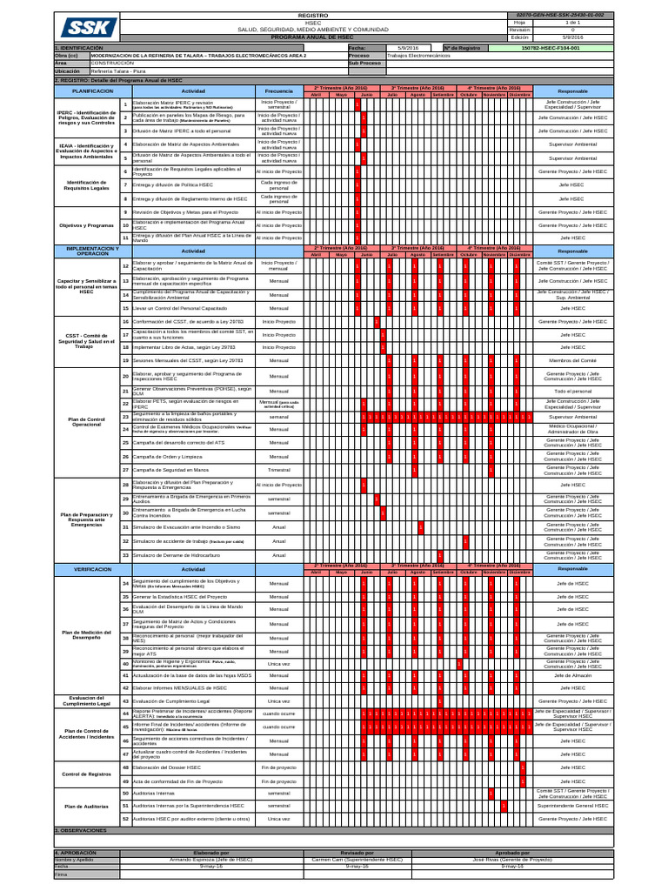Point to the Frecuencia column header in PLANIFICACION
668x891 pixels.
[278, 90]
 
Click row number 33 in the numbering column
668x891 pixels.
[125, 554]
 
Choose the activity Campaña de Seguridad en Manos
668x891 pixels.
[170, 470]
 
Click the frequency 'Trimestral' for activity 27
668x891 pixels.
[278, 470]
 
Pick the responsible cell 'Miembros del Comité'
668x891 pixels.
[571, 360]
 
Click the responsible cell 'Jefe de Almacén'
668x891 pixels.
[571, 675]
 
